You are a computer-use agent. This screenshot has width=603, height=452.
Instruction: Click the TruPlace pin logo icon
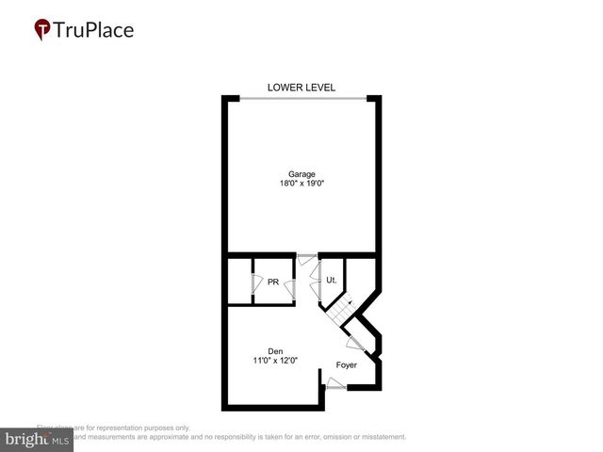pyautogui.click(x=41, y=30)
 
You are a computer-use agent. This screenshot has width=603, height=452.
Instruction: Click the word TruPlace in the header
pyautogui.click(x=94, y=30)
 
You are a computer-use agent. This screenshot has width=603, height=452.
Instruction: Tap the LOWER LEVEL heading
pyautogui.click(x=301, y=88)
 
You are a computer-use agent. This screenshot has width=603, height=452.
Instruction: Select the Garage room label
pyautogui.click(x=301, y=173)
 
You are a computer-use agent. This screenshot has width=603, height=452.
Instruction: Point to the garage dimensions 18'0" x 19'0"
pyautogui.click(x=301, y=185)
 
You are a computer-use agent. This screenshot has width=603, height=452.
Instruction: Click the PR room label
pyautogui.click(x=273, y=282)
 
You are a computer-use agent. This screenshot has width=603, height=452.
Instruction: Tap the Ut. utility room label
pyautogui.click(x=332, y=281)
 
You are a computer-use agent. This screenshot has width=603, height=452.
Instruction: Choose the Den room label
pyautogui.click(x=275, y=350)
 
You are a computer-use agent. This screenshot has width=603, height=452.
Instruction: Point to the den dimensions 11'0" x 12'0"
pyautogui.click(x=275, y=361)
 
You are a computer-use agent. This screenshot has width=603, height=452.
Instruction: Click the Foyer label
pyautogui.click(x=348, y=364)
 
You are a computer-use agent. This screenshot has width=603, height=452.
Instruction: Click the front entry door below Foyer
pyautogui.click(x=334, y=382)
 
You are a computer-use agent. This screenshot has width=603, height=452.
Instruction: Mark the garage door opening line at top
pyautogui.click(x=301, y=98)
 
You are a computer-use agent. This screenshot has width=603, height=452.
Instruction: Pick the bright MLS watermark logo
pyautogui.click(x=38, y=440)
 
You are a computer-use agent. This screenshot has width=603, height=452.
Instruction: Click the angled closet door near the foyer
pyautogui.click(x=356, y=343)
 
